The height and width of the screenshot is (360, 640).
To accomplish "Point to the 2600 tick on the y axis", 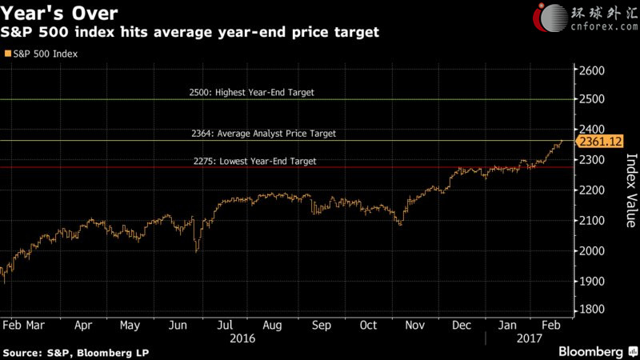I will (x=593, y=70).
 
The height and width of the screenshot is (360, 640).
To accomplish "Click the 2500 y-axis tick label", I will (x=593, y=100).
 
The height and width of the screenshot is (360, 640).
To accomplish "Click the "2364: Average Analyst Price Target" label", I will (x=263, y=134).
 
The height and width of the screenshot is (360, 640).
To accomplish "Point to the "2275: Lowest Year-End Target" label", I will (x=254, y=161).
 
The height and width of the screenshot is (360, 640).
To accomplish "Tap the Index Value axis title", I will (x=630, y=191).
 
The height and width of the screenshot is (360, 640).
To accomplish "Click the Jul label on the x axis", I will (x=226, y=326).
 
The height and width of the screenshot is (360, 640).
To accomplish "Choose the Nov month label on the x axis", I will (x=414, y=326).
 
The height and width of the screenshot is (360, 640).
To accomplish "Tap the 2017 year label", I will (x=529, y=338).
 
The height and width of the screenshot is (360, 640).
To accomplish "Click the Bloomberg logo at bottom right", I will (x=590, y=352).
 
